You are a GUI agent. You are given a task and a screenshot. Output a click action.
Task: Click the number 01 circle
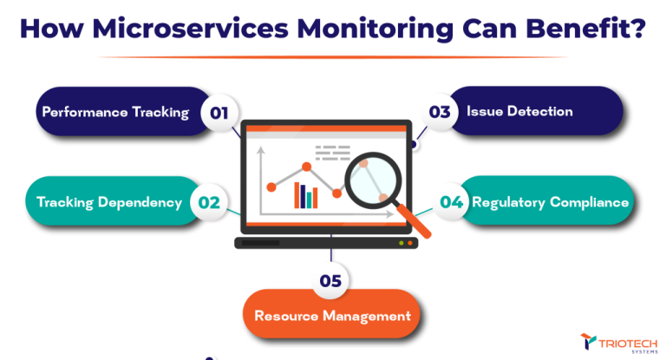click(x=219, y=112)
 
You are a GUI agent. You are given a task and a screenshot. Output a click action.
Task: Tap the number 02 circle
click(x=209, y=202)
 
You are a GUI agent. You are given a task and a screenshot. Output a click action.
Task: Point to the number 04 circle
click(x=450, y=201)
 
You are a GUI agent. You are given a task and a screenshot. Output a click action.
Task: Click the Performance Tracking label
click(x=115, y=112)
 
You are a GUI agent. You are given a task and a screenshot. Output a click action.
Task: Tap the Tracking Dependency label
click(x=109, y=202)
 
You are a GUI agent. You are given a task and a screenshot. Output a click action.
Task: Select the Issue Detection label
click(x=519, y=111)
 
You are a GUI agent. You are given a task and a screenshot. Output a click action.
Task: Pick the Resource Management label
click(x=332, y=315)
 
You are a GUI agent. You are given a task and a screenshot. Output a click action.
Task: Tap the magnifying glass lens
click(x=372, y=180)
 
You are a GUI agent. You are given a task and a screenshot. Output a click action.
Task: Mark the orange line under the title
click(x=332, y=56)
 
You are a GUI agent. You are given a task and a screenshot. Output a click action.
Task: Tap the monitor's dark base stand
click(x=326, y=243)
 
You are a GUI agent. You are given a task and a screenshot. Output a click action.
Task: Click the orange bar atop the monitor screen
click(x=326, y=129)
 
